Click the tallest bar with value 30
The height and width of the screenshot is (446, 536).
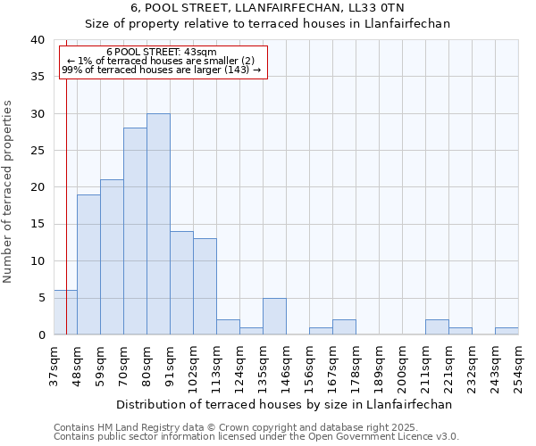158,224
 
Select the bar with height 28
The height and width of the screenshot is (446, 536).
135,231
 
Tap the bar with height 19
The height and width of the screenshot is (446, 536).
88,264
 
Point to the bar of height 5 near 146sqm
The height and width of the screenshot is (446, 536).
274,316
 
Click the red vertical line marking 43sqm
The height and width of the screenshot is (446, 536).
66,178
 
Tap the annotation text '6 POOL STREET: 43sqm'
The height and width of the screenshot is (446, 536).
161,53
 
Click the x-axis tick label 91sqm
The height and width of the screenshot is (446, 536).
170,365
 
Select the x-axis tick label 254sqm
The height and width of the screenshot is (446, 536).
518,365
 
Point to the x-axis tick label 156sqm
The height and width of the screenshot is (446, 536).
309,365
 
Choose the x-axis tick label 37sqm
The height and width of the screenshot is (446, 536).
54,365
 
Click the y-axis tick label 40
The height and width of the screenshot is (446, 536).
37,40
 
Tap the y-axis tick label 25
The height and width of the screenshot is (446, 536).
37,151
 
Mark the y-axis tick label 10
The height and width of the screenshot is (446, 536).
37,261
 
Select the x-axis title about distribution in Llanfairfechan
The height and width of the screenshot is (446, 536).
285,404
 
